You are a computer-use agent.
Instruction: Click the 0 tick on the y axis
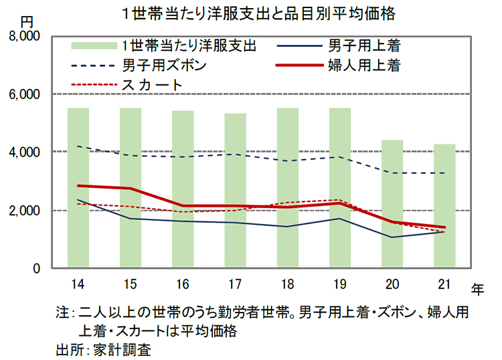point(37,268)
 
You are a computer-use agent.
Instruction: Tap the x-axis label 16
point(183,284)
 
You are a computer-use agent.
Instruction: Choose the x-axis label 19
point(340,284)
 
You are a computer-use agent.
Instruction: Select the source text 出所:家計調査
point(106,349)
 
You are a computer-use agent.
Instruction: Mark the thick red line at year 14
point(78,186)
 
